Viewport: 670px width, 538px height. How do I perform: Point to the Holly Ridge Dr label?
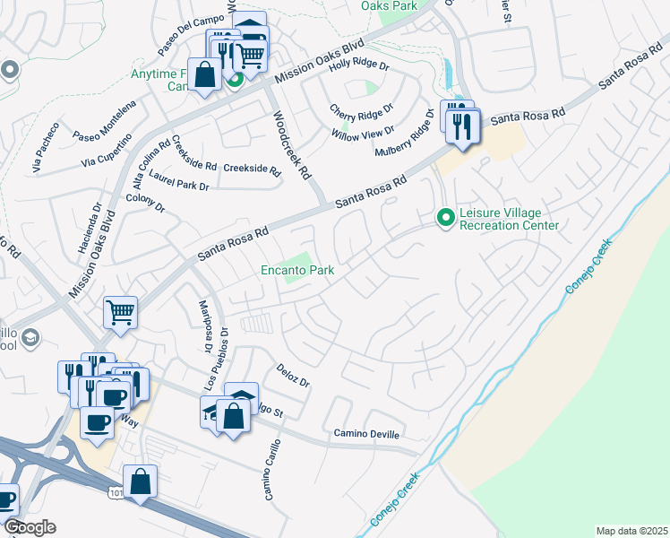(359, 65)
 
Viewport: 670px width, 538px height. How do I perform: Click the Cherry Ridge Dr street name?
(362, 110)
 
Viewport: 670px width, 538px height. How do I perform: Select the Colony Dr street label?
(146, 203)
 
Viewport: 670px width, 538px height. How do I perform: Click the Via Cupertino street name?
(107, 151)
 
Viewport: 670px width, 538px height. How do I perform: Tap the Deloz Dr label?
(293, 377)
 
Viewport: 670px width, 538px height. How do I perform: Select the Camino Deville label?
(364, 433)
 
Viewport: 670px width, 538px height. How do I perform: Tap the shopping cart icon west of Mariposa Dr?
(120, 312)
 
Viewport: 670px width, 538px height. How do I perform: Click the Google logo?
(29, 527)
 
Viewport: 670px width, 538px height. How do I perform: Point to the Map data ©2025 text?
(631, 531)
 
